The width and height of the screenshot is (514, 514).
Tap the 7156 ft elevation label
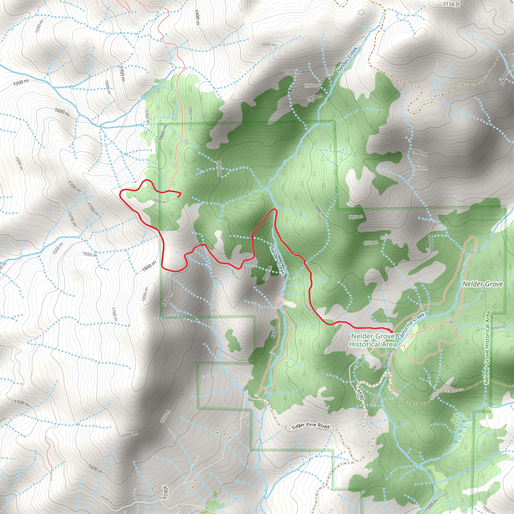(x=451, y=4)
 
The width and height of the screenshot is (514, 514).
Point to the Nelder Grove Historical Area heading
(x=372, y=340)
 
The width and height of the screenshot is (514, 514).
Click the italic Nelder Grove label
(x=483, y=284)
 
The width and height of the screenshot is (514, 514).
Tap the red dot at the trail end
(x=391, y=332)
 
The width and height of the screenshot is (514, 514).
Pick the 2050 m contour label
(x=269, y=44)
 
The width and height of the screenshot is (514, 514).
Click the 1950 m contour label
(x=311, y=86)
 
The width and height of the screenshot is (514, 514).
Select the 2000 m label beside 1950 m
(x=292, y=72)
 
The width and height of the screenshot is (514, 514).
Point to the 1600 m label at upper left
(x=62, y=112)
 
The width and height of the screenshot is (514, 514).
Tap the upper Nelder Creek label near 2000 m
(x=347, y=59)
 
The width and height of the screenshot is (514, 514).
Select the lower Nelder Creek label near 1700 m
(x=278, y=260)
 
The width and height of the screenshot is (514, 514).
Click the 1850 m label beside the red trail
(x=159, y=201)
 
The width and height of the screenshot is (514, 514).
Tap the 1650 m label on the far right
(x=497, y=328)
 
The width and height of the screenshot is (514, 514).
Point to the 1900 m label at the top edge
(x=197, y=17)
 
